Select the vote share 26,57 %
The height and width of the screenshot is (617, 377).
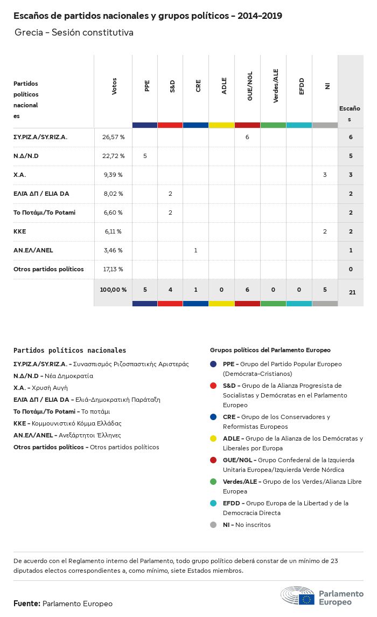click(x=113, y=137)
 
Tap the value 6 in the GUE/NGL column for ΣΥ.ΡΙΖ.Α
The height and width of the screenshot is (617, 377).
click(x=247, y=137)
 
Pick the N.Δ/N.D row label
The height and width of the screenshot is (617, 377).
click(x=26, y=156)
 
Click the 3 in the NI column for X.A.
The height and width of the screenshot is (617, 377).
click(x=325, y=175)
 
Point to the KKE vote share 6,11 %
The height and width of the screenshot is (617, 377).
click(x=113, y=231)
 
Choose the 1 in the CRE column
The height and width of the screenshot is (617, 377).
click(x=196, y=250)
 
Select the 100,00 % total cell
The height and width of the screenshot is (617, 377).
click(x=113, y=290)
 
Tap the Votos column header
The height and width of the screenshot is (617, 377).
click(x=114, y=86)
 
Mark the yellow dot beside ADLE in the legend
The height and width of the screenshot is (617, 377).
click(x=213, y=438)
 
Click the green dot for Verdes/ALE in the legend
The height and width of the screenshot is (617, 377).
click(x=213, y=482)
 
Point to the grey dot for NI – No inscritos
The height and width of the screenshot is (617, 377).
click(x=213, y=525)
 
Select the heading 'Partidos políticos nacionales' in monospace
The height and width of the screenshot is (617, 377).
click(x=69, y=351)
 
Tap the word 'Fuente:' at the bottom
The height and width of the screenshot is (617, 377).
click(x=26, y=604)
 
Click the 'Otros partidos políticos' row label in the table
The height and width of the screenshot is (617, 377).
click(x=48, y=269)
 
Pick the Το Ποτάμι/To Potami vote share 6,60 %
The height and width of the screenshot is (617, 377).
click(x=113, y=212)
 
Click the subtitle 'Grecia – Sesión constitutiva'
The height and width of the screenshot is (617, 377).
click(x=74, y=33)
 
